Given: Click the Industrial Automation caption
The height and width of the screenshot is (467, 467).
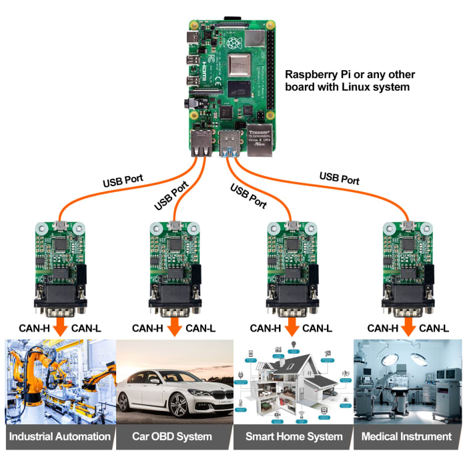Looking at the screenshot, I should pyautogui.click(x=59, y=437).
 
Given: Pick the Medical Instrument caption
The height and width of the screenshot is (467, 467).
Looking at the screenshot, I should pyautogui.click(x=406, y=437).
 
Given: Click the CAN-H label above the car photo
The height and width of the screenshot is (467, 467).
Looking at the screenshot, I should pyautogui.click(x=148, y=328).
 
